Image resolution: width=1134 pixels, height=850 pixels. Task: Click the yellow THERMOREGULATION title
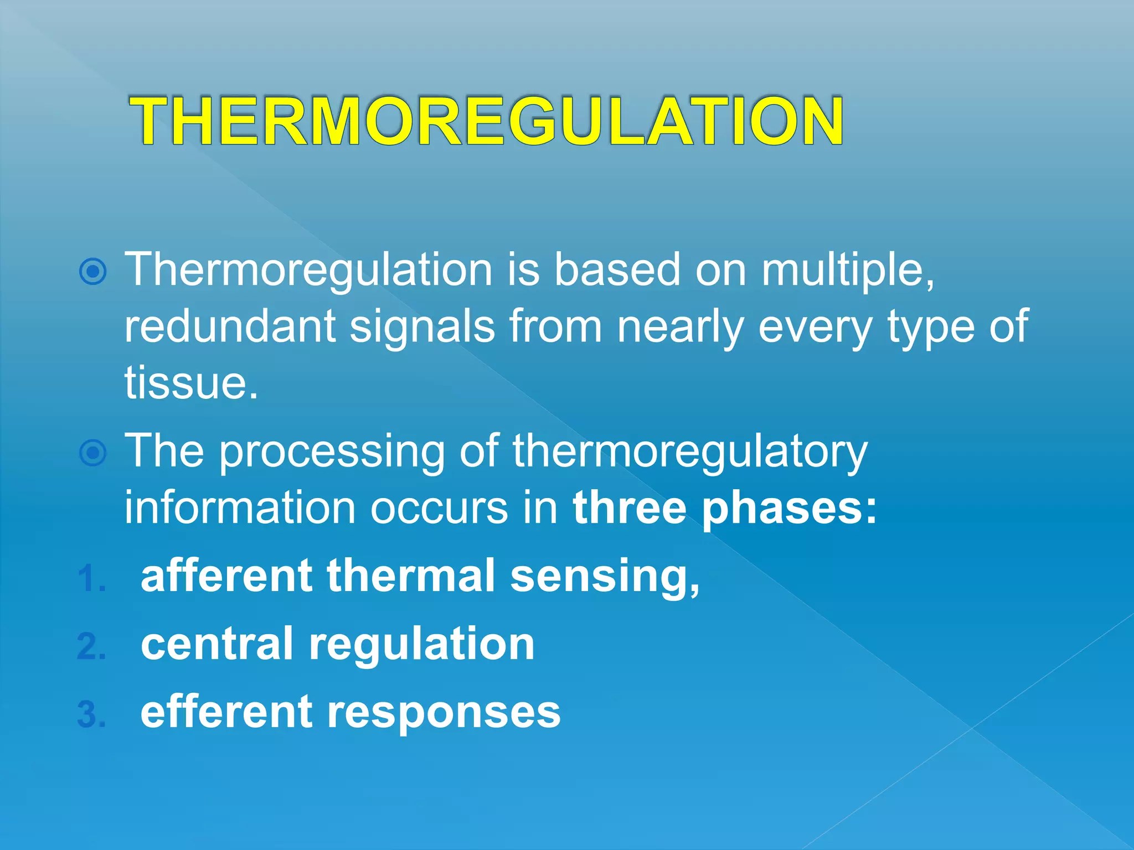click(486, 121)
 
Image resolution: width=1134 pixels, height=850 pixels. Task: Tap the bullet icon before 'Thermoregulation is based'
click(92, 271)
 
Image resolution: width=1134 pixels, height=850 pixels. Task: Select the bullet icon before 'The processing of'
click(92, 453)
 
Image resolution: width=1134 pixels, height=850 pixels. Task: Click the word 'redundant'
click(230, 326)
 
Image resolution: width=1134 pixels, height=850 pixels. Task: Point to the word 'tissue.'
click(191, 383)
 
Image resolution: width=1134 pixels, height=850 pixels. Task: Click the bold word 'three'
click(630, 507)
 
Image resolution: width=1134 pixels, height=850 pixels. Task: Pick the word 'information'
click(240, 507)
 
